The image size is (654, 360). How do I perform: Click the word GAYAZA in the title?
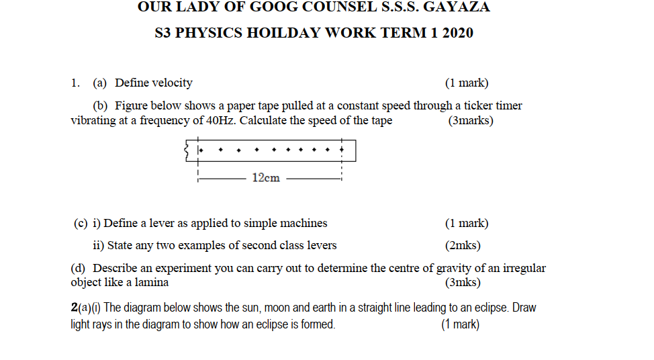pyautogui.click(x=457, y=7)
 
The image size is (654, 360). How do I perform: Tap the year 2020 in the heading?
pyautogui.click(x=457, y=33)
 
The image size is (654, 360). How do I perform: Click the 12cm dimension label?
pyautogui.click(x=266, y=178)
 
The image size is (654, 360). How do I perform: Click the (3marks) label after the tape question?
pyautogui.click(x=470, y=121)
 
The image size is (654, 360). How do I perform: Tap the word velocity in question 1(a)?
pyautogui.click(x=172, y=83)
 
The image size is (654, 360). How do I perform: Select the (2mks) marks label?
pyautogui.click(x=463, y=246)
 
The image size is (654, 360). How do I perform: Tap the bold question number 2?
pyautogui.click(x=74, y=308)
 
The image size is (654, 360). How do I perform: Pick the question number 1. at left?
pyautogui.click(x=75, y=83)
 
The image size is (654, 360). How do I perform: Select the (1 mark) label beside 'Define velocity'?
pyautogui.click(x=466, y=83)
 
